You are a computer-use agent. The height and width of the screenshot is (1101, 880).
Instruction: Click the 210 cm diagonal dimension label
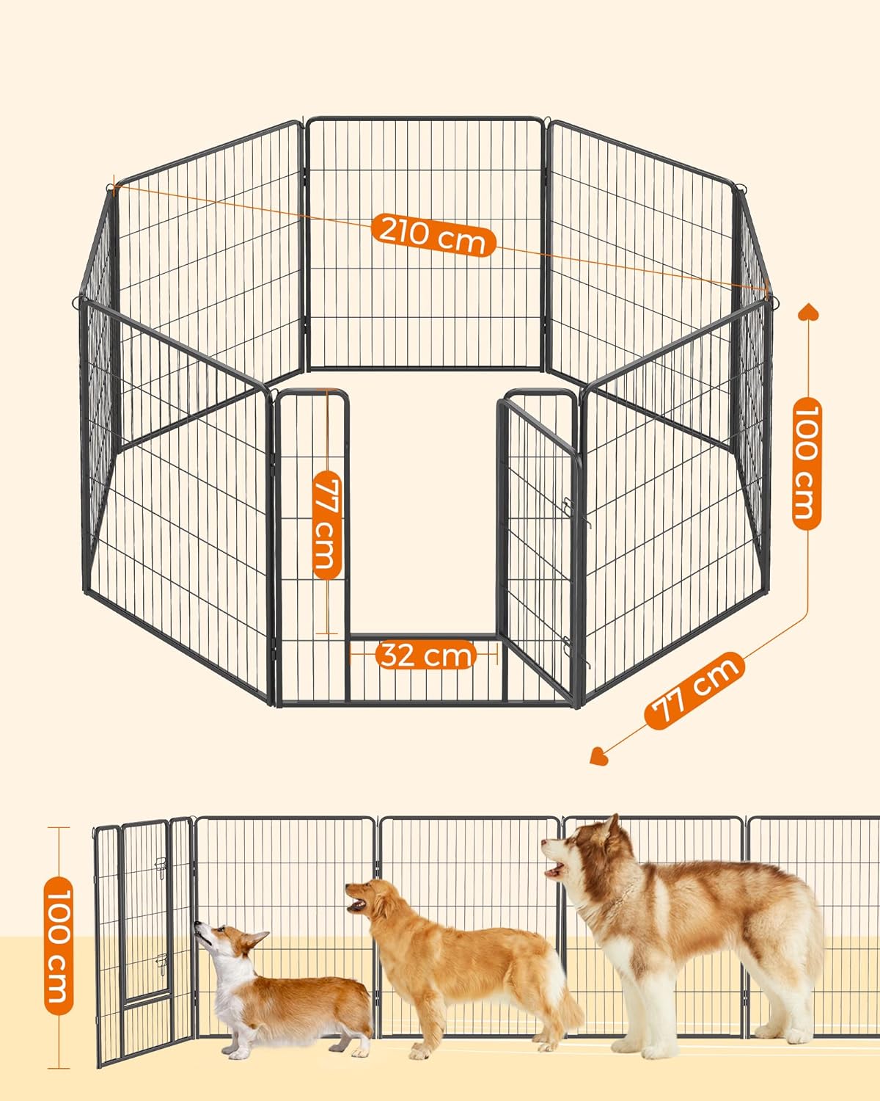coord(433,236)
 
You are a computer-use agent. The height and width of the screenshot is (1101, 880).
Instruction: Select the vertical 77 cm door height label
coord(327,524)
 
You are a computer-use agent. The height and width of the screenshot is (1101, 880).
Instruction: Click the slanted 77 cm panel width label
coord(694,690)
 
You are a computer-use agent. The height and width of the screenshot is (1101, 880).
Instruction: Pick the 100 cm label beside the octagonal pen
coord(807,463)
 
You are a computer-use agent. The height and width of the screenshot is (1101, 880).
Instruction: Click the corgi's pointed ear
coord(257,938)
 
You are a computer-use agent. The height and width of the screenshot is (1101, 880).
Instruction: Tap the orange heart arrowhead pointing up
coord(808,311)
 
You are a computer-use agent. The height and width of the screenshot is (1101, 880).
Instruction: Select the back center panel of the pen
coord(425,243)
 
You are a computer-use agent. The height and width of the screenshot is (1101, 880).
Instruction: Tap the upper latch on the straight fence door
coord(161,865)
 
